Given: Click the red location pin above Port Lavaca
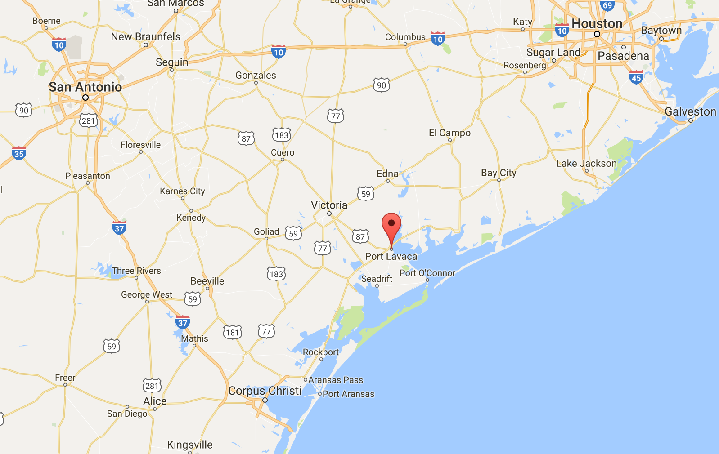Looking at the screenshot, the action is pos(391,224).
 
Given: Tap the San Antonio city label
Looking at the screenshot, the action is pos(85,87).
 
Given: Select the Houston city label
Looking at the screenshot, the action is pos(597,23).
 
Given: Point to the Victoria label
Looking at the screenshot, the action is pos(329,205).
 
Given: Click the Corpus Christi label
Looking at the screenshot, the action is pos(265,391).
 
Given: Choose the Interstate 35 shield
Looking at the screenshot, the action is pos(19,154).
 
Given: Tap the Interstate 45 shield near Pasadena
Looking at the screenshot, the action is pos(636,78).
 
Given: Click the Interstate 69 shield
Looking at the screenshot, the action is pos(607,5).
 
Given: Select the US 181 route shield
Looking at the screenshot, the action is pos(233,332).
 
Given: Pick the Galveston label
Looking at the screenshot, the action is pos(690,111).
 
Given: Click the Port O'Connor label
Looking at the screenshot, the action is pos(427,273).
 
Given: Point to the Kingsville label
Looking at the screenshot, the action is pos(190,445).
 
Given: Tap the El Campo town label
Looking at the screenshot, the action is pos(449,133).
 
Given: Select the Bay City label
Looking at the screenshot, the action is pos(499,173).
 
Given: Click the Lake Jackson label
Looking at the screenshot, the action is pos(586,163).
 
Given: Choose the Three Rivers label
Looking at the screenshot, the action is pos(136,271).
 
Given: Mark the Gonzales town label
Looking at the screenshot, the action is pos(256,75).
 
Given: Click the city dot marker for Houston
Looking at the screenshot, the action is pos(597,34).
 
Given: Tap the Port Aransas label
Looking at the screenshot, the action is pos(348,394).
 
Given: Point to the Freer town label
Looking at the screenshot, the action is pos(65,378).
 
